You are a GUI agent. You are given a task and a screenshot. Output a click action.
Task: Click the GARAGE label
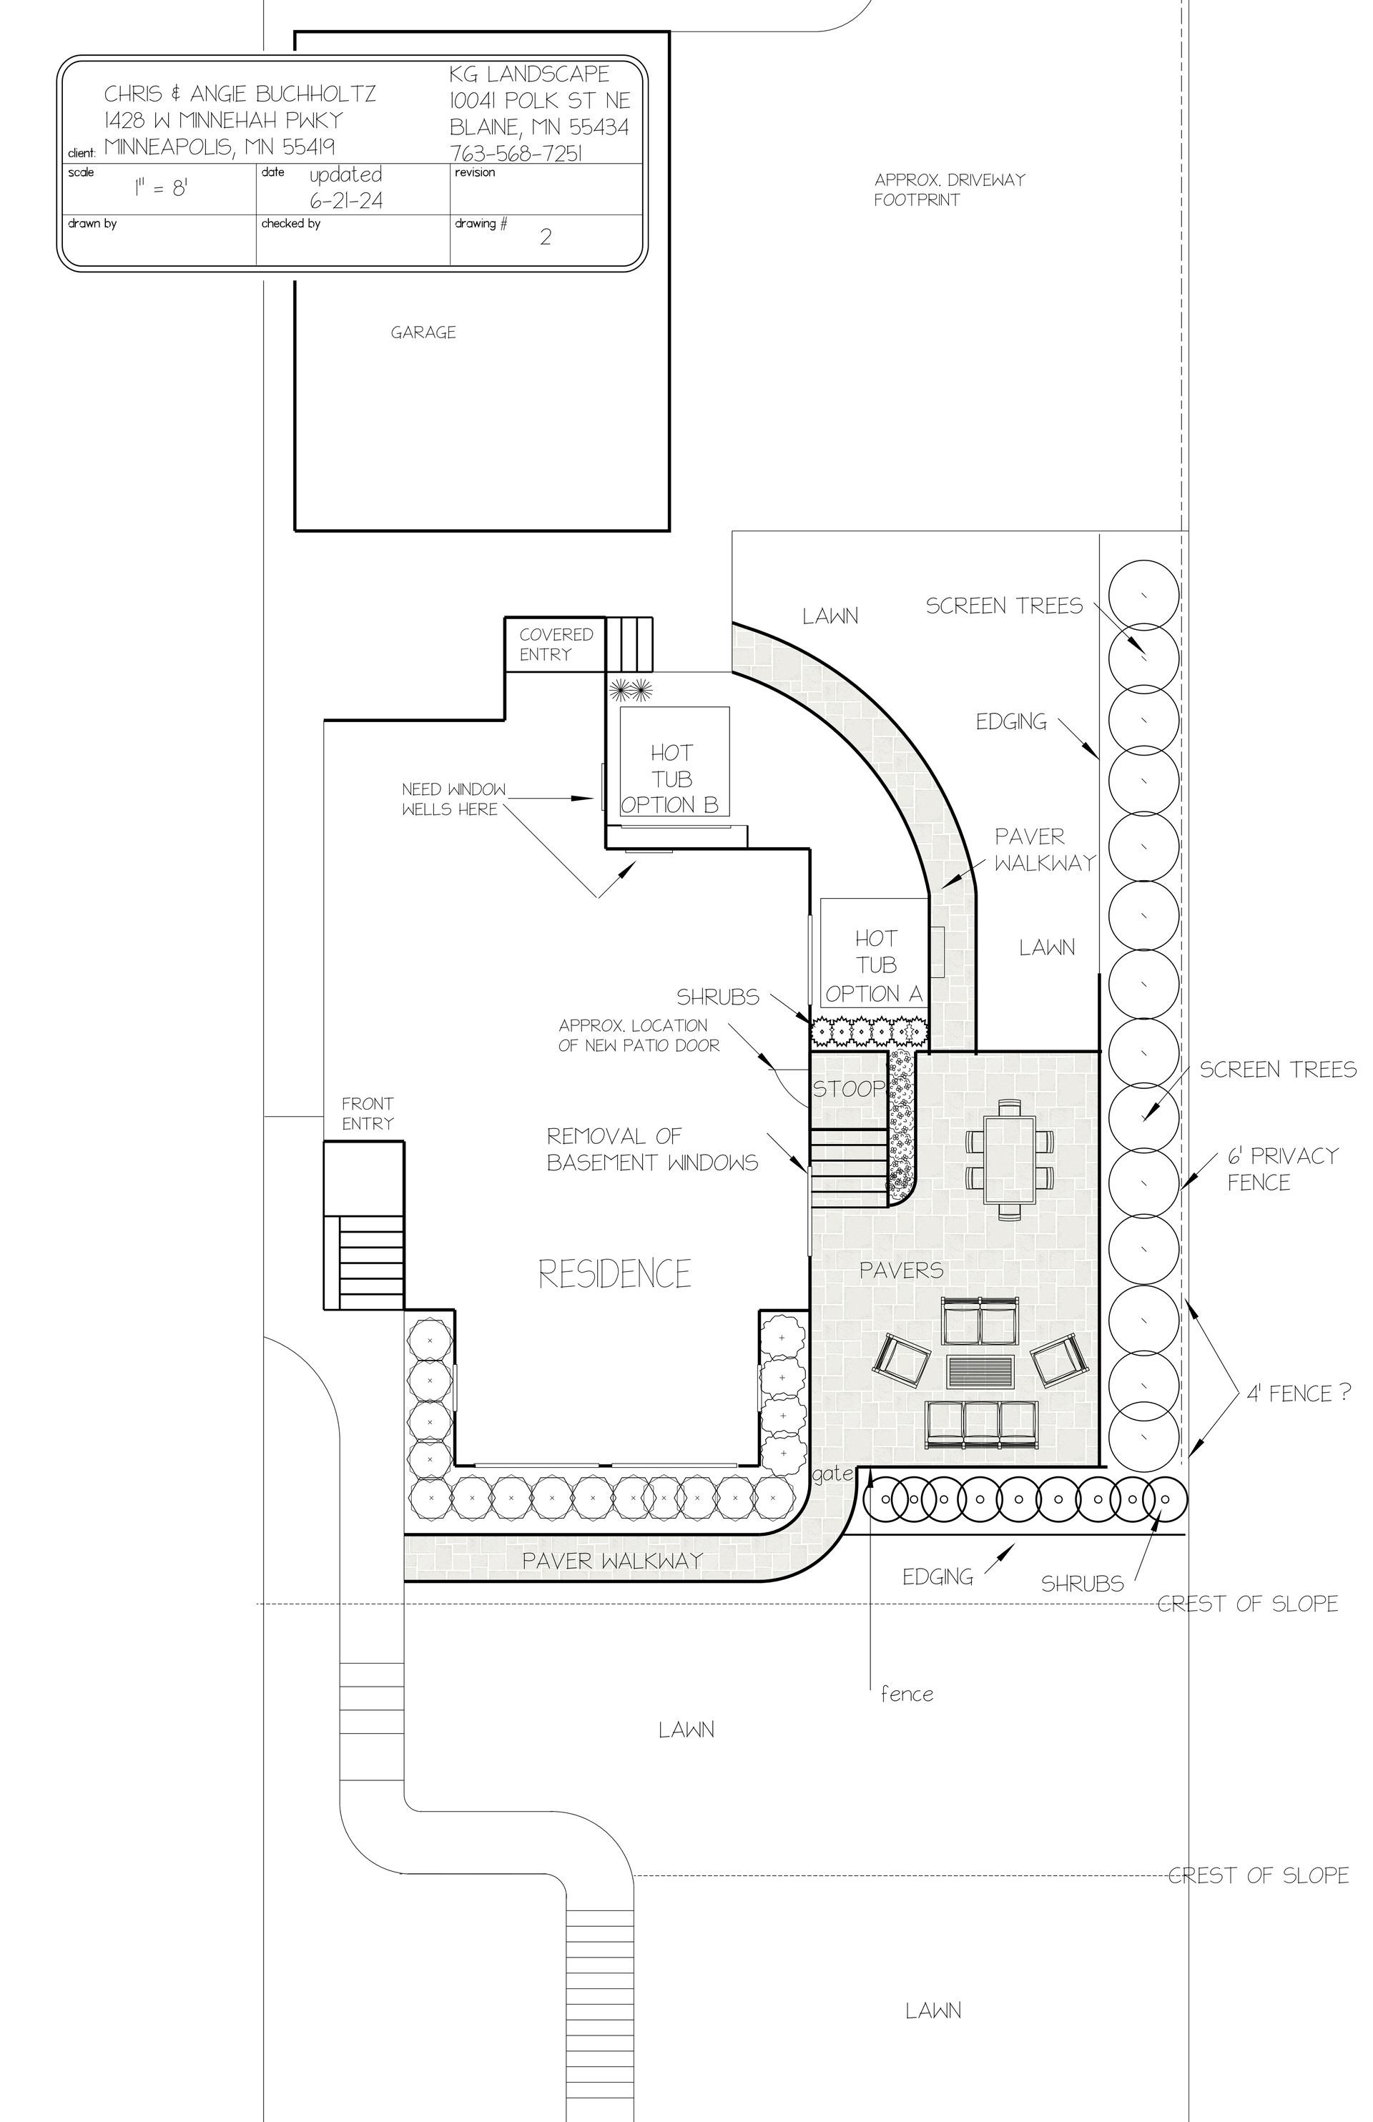423,332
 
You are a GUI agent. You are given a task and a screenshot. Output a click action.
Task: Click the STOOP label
848,1089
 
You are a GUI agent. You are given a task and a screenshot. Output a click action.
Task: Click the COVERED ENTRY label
556,644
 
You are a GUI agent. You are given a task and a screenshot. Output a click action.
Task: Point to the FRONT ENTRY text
368,1114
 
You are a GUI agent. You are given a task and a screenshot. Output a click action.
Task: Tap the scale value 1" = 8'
160,188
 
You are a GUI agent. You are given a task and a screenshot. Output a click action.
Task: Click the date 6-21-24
346,200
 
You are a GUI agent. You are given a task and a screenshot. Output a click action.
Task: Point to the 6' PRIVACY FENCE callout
1282,1168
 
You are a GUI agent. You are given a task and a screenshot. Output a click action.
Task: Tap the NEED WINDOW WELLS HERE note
453,799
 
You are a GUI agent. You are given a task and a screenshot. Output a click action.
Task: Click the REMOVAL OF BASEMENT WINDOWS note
651,1149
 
